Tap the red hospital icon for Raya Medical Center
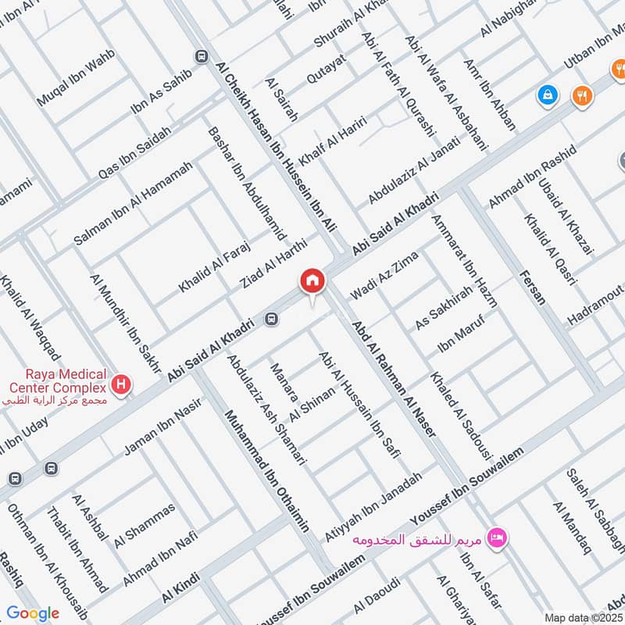[121, 384]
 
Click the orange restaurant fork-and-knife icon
[582, 95]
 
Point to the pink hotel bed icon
[496, 537]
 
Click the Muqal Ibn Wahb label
[76, 79]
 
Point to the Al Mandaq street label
[571, 529]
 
